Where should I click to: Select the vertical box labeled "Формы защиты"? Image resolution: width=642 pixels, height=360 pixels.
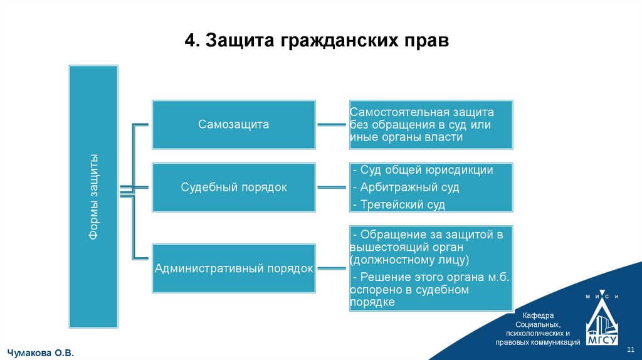pyautogui.click(x=93, y=196)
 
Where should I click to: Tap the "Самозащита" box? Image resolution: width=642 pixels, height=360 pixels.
pyautogui.click(x=234, y=124)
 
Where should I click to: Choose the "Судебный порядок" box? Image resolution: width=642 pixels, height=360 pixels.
pyautogui.click(x=234, y=187)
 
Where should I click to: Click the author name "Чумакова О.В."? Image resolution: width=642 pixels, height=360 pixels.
pyautogui.click(x=41, y=354)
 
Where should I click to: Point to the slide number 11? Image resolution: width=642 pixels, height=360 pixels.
pyautogui.click(x=631, y=349)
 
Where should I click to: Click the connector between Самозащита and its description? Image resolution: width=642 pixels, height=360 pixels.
pyautogui.click(x=332, y=124)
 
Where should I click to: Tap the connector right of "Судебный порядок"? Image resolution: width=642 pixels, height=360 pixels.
pyautogui.click(x=332, y=187)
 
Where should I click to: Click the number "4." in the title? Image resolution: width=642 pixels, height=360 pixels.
pyautogui.click(x=192, y=42)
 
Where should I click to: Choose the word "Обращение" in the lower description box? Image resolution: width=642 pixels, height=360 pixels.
pyautogui.click(x=387, y=235)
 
